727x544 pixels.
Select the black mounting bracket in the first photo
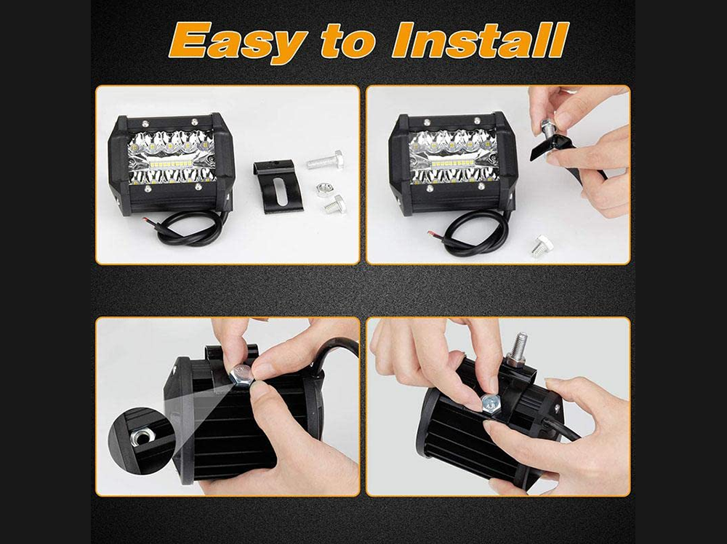[x=278, y=186]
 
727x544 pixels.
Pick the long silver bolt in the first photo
[x=325, y=160]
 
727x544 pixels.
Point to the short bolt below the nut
[x=334, y=204]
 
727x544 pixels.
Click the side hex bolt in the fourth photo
[x=491, y=404]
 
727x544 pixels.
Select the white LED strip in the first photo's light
[x=172, y=164]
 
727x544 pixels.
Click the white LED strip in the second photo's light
[x=453, y=163]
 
